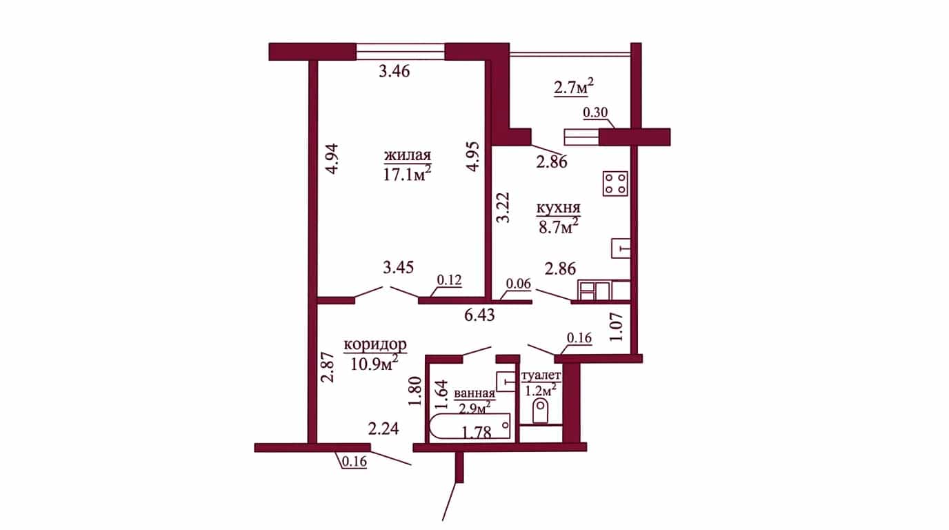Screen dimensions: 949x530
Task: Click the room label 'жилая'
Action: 407,155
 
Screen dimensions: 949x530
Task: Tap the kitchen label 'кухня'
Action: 559,208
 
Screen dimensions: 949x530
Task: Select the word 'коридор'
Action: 375,346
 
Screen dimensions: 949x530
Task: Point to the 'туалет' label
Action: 541,375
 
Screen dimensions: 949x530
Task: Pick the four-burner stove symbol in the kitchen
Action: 616,184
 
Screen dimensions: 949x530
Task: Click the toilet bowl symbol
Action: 540,411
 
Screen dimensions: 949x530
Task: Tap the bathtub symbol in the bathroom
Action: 470,428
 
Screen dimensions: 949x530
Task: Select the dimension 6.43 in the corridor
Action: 479,315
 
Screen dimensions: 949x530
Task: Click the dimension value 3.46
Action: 394,71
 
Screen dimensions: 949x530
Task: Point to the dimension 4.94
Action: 332,159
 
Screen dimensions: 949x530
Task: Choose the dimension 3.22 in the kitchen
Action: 503,207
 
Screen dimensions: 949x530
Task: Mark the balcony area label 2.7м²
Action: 574,88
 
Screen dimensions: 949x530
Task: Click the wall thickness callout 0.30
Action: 595,112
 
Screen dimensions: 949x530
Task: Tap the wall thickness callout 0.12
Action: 449,280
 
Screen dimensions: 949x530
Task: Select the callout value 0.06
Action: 519,284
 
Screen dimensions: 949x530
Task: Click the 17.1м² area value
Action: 407,174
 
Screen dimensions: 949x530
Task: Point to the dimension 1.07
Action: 616,327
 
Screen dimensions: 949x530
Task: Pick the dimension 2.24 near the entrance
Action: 383,429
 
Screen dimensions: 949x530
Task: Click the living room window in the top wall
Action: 400,52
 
